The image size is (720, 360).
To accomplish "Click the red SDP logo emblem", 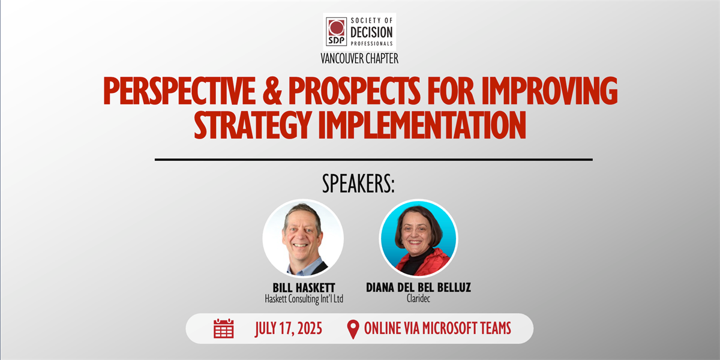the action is [336, 31].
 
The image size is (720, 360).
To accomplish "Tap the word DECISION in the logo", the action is [371, 32].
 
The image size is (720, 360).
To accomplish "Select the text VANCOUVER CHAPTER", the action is [359, 59].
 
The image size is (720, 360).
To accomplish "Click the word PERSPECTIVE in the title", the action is [179, 91].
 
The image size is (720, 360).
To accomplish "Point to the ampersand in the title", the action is [272, 91].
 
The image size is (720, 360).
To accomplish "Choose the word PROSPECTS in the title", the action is [354, 91].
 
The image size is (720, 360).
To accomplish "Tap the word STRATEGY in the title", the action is [253, 125].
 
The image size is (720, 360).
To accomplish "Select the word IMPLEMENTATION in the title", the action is [422, 125].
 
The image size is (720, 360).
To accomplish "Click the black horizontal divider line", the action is [373, 160].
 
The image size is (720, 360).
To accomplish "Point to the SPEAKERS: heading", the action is [358, 184].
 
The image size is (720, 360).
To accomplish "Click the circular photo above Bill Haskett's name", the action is [303, 238].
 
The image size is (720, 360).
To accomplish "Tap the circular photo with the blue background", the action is [418, 238].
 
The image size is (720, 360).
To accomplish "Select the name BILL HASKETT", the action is [304, 287].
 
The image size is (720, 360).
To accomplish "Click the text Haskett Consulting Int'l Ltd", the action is [304, 299].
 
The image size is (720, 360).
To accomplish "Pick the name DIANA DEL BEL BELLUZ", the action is [418, 287].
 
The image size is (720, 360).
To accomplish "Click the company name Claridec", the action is [418, 299].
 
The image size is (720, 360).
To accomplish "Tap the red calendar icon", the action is [223, 329].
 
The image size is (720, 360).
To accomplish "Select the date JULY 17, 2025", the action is [289, 329].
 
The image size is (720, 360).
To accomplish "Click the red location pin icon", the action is [353, 329].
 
